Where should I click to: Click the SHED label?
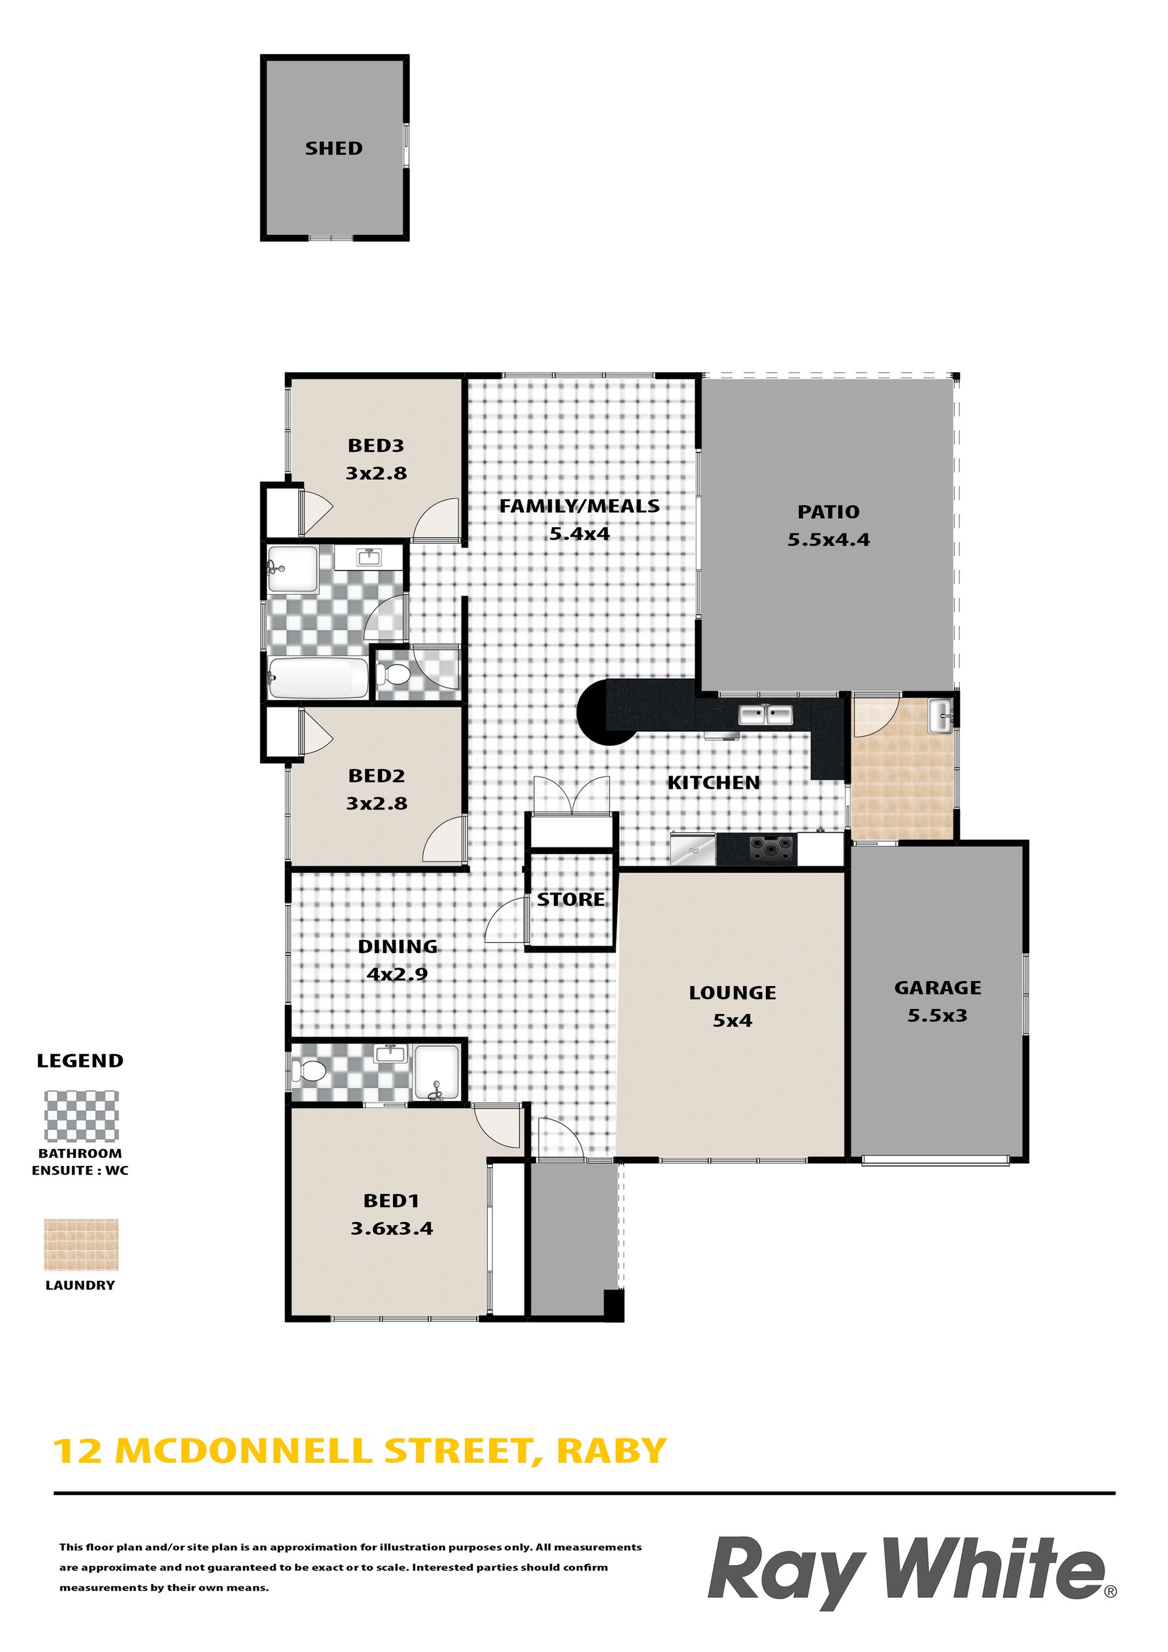click(x=334, y=148)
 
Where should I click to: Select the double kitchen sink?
click(x=766, y=715)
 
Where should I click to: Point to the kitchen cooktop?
click(x=771, y=849)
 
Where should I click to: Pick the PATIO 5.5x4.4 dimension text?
click(x=829, y=540)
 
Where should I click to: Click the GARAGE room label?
click(x=937, y=987)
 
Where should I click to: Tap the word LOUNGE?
click(x=732, y=992)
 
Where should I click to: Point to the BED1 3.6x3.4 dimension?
click(x=392, y=1228)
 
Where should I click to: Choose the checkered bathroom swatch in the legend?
click(x=82, y=1116)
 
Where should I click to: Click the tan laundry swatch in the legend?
click(x=82, y=1244)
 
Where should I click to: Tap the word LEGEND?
click(x=80, y=1061)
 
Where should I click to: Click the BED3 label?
click(x=376, y=445)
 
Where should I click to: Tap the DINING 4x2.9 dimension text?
click(x=397, y=974)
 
